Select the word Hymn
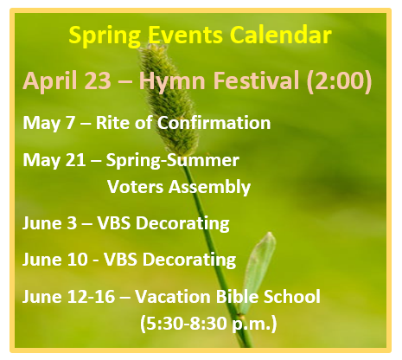(172, 81)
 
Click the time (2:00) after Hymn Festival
(339, 81)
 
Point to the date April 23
(67, 81)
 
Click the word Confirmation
(214, 123)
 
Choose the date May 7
(48, 124)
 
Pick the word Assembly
(209, 188)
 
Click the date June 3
(50, 223)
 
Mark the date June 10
(55, 260)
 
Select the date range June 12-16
(69, 296)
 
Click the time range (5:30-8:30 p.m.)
(208, 324)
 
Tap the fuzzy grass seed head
(169, 100)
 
